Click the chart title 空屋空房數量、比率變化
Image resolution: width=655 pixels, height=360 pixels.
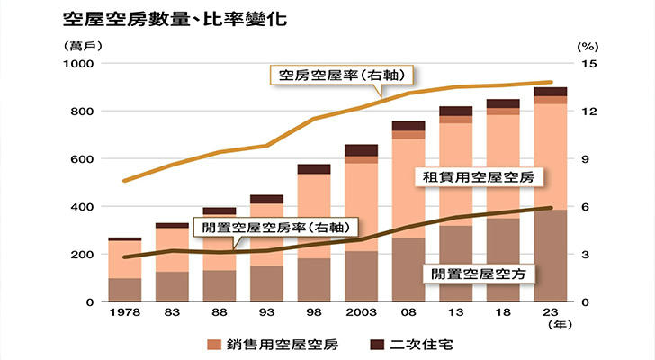(x=175, y=18)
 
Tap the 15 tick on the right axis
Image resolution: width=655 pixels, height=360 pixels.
(x=585, y=64)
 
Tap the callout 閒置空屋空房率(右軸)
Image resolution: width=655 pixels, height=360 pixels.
(x=277, y=227)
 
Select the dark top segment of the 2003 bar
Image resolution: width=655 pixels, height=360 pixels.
(x=361, y=150)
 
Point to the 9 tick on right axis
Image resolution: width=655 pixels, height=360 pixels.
(x=582, y=159)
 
